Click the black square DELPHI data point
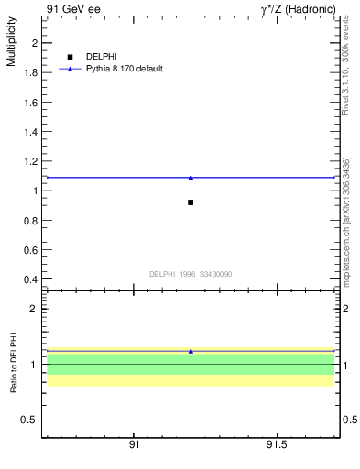coord(191,202)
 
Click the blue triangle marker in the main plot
coord(191,177)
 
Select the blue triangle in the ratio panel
coord(191,351)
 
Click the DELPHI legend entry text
coord(101,57)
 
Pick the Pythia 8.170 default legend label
coord(125,69)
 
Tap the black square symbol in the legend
coord(70,57)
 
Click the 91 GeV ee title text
coord(71,9)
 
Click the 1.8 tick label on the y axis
coord(30,72)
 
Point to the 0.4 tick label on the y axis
coord(30,278)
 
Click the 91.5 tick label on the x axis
coord(277,445)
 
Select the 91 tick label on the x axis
coord(134,445)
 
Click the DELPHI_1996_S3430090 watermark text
coord(191,274)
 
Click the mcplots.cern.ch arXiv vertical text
coord(345,220)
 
